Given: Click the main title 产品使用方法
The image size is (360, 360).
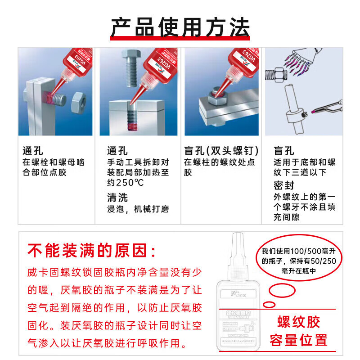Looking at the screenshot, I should click(180, 28).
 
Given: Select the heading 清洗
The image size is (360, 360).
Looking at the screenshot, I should click(117, 197).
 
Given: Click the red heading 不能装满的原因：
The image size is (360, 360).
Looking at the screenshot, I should click(93, 250).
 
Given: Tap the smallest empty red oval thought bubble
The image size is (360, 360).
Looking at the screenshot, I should click(269, 305).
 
